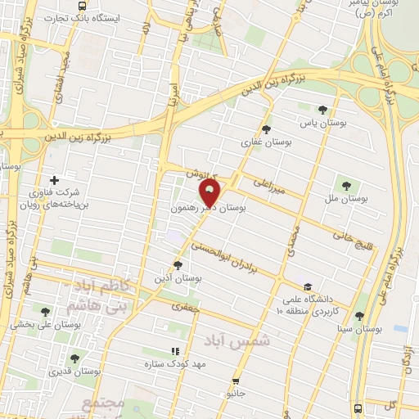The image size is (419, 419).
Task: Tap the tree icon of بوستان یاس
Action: coord(322,110)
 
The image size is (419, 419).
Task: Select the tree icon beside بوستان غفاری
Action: coord(265,128)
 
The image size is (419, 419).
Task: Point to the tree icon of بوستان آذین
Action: coord(178,264)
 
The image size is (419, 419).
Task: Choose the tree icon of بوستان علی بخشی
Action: coord(44,311)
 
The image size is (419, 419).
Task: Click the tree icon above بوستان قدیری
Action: coord(74,358)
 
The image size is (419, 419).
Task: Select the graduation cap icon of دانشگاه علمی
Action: coord(308,286)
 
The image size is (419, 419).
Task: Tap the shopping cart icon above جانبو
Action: coord(236,381)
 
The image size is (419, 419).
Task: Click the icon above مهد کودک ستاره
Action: coord(173,351)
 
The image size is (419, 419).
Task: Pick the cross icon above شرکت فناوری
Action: coord(54,180)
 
